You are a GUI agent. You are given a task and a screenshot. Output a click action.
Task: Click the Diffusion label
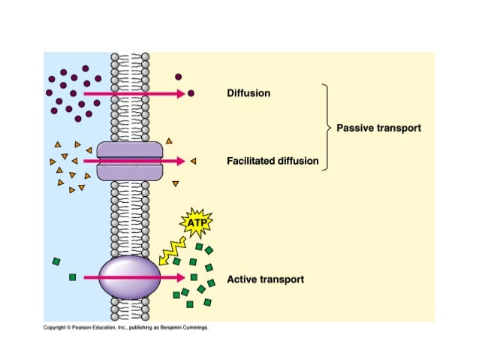[249, 93]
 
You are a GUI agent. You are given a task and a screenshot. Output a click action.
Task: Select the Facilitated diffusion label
[273, 161]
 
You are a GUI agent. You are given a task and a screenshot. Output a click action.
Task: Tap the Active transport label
[265, 280]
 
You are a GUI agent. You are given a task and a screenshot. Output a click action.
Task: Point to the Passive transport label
[378, 128]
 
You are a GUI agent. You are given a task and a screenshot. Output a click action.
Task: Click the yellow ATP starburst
[197, 222]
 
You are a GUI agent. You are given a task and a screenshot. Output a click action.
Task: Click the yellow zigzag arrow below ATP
[172, 251]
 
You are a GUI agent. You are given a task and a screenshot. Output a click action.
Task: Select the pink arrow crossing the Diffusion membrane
[134, 94]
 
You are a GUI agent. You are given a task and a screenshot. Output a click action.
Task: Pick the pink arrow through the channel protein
[134, 161]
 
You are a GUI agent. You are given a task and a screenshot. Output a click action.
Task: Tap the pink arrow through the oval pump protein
[134, 277]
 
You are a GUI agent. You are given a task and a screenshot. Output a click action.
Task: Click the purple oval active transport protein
[129, 277]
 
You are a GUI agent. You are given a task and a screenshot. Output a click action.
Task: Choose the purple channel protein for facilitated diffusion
[130, 161]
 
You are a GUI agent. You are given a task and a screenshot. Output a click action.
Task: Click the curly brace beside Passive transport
[327, 127]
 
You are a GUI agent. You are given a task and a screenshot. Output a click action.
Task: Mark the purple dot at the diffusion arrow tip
[191, 93]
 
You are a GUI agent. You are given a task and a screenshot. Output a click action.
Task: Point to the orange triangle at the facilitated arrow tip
[193, 161]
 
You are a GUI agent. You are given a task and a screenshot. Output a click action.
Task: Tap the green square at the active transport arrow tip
[194, 277]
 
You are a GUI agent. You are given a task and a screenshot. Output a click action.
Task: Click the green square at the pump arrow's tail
[72, 277]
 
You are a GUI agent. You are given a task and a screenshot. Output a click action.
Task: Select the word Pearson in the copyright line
[80, 328]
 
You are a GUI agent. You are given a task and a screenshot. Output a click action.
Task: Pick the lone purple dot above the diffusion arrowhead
[179, 77]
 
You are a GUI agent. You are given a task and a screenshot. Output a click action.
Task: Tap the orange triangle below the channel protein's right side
[176, 183]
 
